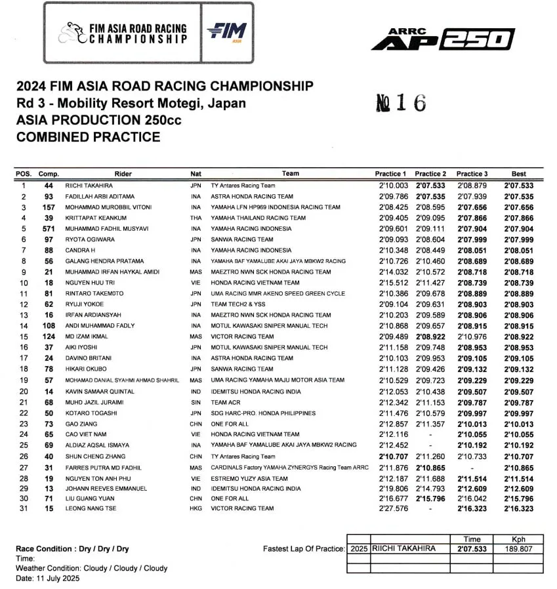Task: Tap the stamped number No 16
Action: pos(401,103)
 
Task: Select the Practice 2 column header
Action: pos(430,174)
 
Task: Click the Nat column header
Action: pos(196,174)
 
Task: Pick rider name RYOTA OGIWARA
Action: pos(90,239)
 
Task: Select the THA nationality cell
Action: pos(196,218)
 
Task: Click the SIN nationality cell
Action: pos(196,402)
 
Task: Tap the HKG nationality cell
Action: pos(196,508)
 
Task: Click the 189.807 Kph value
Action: pos(519,549)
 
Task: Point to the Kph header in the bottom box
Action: pos(519,539)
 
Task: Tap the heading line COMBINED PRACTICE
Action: pos(88,137)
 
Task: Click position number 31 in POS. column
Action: pos(24,508)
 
